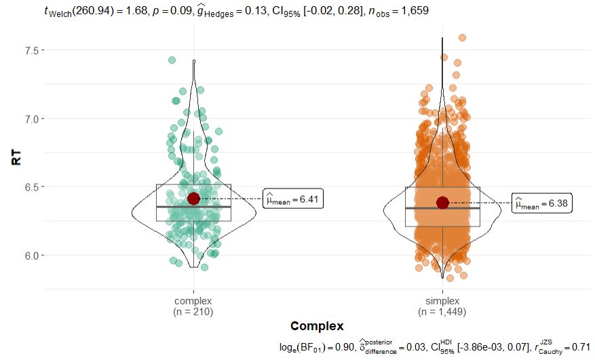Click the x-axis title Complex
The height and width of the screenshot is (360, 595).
tap(317, 326)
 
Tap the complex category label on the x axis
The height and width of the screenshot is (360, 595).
tap(193, 301)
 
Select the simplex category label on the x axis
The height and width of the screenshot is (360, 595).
tap(442, 301)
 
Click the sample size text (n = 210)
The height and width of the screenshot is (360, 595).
tap(193, 311)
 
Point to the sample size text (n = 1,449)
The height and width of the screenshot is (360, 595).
tap(442, 311)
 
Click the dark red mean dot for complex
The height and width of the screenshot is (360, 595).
tap(193, 198)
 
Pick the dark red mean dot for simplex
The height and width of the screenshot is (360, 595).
tap(442, 203)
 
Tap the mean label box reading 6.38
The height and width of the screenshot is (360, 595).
tap(541, 203)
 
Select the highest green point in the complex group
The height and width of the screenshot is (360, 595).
tap(172, 60)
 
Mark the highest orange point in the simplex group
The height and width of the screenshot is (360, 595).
tap(462, 38)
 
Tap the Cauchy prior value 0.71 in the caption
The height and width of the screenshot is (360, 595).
tap(581, 347)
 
